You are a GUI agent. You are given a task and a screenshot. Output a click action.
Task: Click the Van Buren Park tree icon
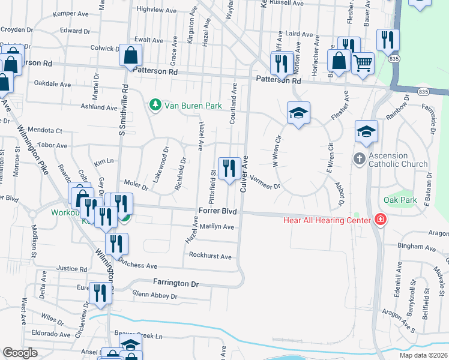pos(155,106)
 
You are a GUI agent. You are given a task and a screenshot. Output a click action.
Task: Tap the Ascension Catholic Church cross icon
pos(359,159)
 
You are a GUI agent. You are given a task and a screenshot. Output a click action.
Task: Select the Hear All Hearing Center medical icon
pos(379,219)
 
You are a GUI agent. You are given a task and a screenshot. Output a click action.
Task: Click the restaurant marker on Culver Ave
pos(228,168)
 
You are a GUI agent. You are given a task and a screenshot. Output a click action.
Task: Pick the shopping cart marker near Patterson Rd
pos(362,62)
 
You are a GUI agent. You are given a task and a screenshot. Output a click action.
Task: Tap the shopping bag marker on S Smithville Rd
pos(130,56)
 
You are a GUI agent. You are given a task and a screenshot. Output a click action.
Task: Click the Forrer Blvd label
pos(217,212)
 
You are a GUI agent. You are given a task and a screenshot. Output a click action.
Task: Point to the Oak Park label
pos(399,199)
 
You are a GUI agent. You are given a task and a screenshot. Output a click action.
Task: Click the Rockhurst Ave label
pos(210,256)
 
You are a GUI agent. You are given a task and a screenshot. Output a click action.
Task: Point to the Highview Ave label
pos(154,10)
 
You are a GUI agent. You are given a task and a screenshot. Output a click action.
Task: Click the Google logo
pos(20,353)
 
